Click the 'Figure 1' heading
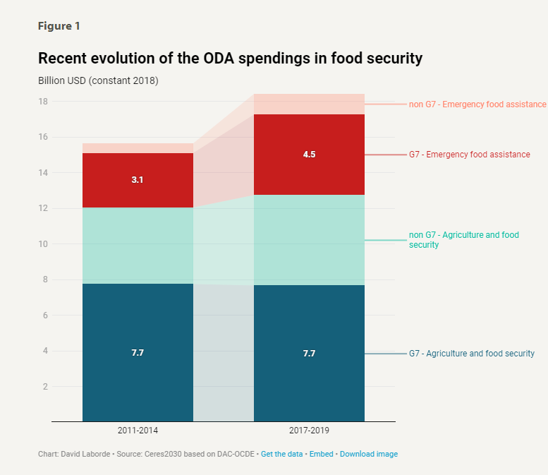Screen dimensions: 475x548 point(59,26)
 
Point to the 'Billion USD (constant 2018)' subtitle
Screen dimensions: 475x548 point(98,80)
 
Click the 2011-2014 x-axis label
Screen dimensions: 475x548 point(138,430)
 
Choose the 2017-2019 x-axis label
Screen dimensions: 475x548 point(309,430)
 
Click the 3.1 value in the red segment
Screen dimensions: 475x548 point(138,180)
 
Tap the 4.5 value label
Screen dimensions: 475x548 point(309,154)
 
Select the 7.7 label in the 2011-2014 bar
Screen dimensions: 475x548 point(138,352)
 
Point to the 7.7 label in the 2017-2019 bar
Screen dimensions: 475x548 point(309,353)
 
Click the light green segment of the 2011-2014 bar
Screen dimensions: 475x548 point(138,246)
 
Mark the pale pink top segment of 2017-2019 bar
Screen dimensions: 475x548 point(309,104)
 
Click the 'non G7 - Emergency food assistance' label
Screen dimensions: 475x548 point(477,104)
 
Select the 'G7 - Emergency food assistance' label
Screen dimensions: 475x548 point(469,155)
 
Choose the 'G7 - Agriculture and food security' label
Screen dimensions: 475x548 point(471,354)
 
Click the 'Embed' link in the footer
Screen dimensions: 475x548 point(322,454)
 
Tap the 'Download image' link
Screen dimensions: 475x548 point(368,454)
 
